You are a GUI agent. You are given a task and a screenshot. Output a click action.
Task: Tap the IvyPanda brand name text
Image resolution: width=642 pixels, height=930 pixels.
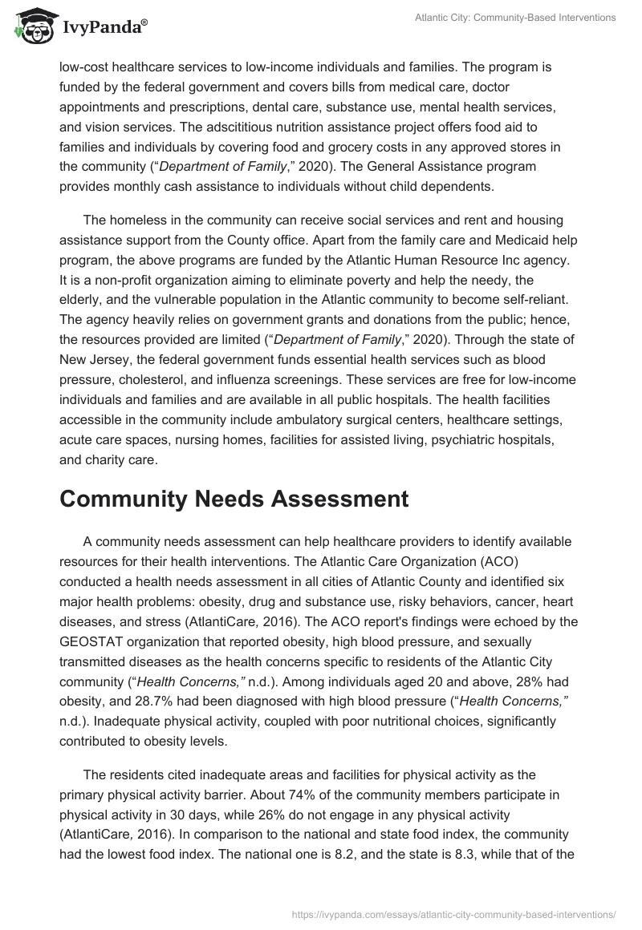pyautogui.click(x=104, y=27)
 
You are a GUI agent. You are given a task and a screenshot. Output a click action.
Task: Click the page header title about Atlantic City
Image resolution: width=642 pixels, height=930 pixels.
pyautogui.click(x=516, y=18)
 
